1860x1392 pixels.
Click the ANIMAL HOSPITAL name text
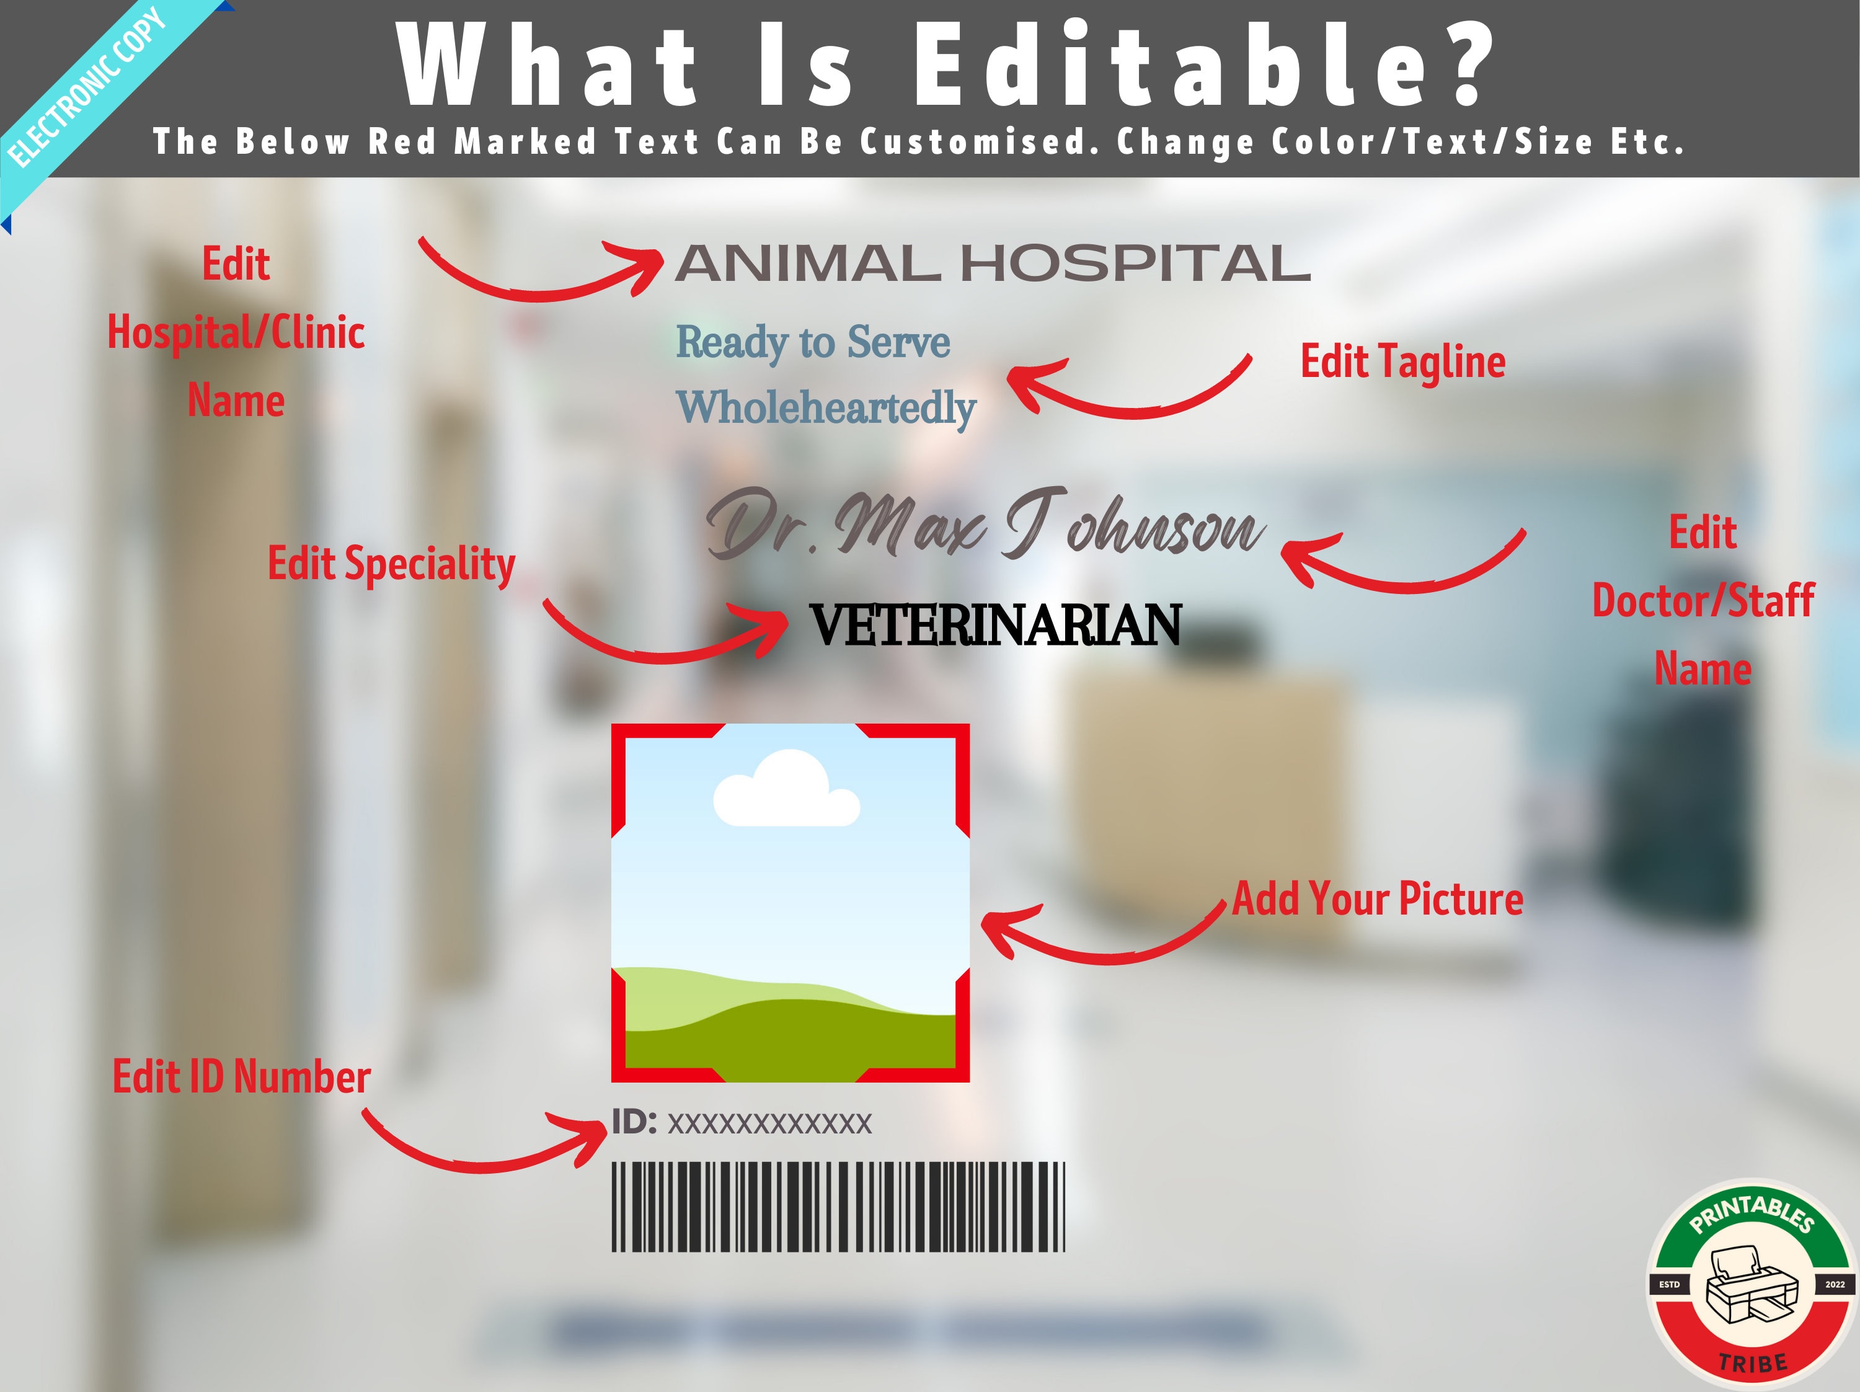pos(992,264)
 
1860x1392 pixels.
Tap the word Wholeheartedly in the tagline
pos(826,408)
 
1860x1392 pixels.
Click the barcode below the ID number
pos(838,1207)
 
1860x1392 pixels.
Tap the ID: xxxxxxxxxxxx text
pos(742,1122)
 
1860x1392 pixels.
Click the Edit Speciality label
pos(391,564)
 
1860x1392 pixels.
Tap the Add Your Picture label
pos(1378,898)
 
